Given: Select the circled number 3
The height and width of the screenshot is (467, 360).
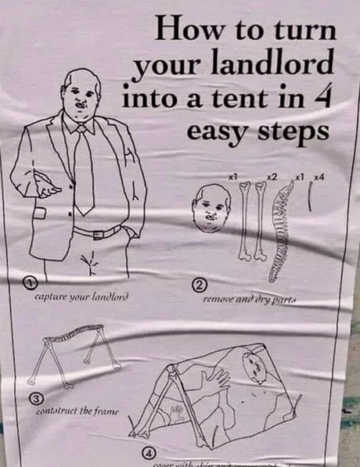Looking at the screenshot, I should pyautogui.click(x=34, y=399).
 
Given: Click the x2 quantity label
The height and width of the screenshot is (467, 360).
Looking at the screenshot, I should pyautogui.click(x=271, y=179).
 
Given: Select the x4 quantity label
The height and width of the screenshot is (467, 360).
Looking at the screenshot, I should pyautogui.click(x=319, y=179).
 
